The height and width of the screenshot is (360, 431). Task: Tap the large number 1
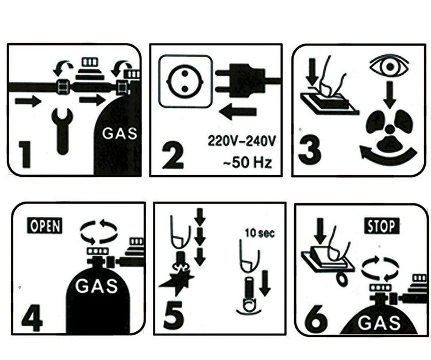[x=25, y=154]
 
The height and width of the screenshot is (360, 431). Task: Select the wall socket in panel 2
[x=185, y=82]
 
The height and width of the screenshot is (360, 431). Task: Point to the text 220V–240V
[x=241, y=141]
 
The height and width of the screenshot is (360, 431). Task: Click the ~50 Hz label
[x=247, y=162]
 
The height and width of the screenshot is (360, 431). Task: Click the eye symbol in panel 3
[x=389, y=67]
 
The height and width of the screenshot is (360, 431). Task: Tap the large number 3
[x=310, y=150]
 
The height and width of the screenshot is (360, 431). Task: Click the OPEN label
[x=45, y=226]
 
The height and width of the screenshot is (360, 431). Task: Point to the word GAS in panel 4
[x=97, y=285]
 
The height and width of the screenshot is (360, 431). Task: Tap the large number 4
[x=32, y=318]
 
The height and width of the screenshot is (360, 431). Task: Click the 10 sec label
[x=260, y=233]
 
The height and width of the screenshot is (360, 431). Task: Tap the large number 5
[x=173, y=315]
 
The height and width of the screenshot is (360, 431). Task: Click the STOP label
[x=382, y=226]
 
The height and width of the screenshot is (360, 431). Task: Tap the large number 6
[x=317, y=319]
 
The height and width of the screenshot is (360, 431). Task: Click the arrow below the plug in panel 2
[x=238, y=111]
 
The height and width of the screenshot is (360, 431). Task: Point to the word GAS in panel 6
[x=379, y=323]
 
